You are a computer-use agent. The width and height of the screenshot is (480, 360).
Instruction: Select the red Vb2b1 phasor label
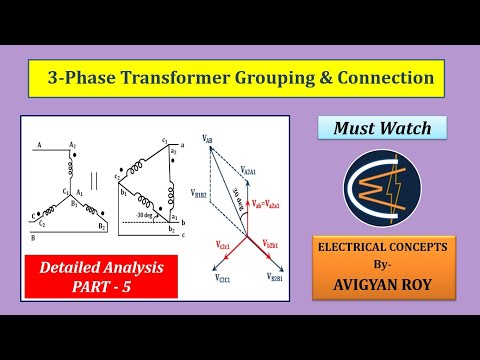(278, 243)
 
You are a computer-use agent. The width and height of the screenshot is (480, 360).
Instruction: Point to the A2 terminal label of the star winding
(73, 146)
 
